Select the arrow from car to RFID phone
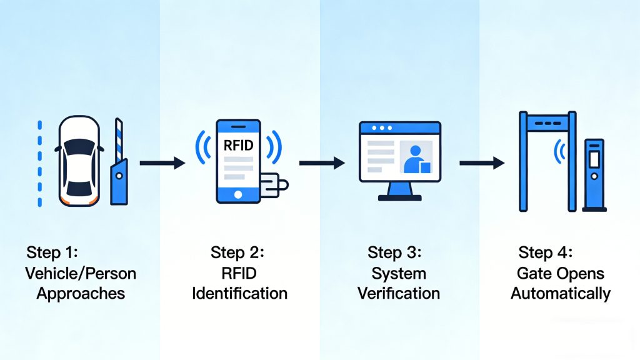(161, 163)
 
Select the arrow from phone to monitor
(321, 163)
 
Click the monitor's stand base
(400, 197)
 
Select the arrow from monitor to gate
(481, 163)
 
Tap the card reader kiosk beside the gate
(594, 175)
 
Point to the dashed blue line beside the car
(39, 162)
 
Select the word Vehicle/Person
(81, 273)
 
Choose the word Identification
(241, 293)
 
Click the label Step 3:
(394, 253)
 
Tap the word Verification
(399, 293)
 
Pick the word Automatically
(560, 293)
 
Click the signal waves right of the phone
(273, 147)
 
